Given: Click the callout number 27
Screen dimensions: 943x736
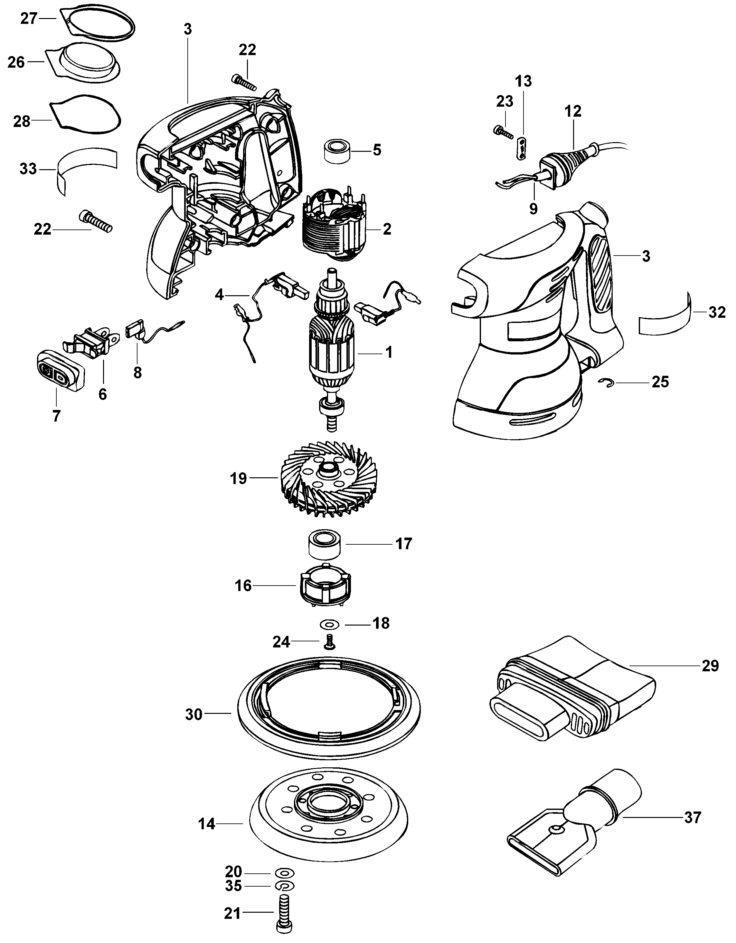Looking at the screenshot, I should [29, 19].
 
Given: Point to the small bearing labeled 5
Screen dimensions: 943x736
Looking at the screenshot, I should [337, 151].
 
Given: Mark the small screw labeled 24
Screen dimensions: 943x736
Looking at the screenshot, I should [330, 643].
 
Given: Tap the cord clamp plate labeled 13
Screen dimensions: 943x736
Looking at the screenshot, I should [521, 148].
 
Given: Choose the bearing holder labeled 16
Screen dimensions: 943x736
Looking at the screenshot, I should [324, 585].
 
